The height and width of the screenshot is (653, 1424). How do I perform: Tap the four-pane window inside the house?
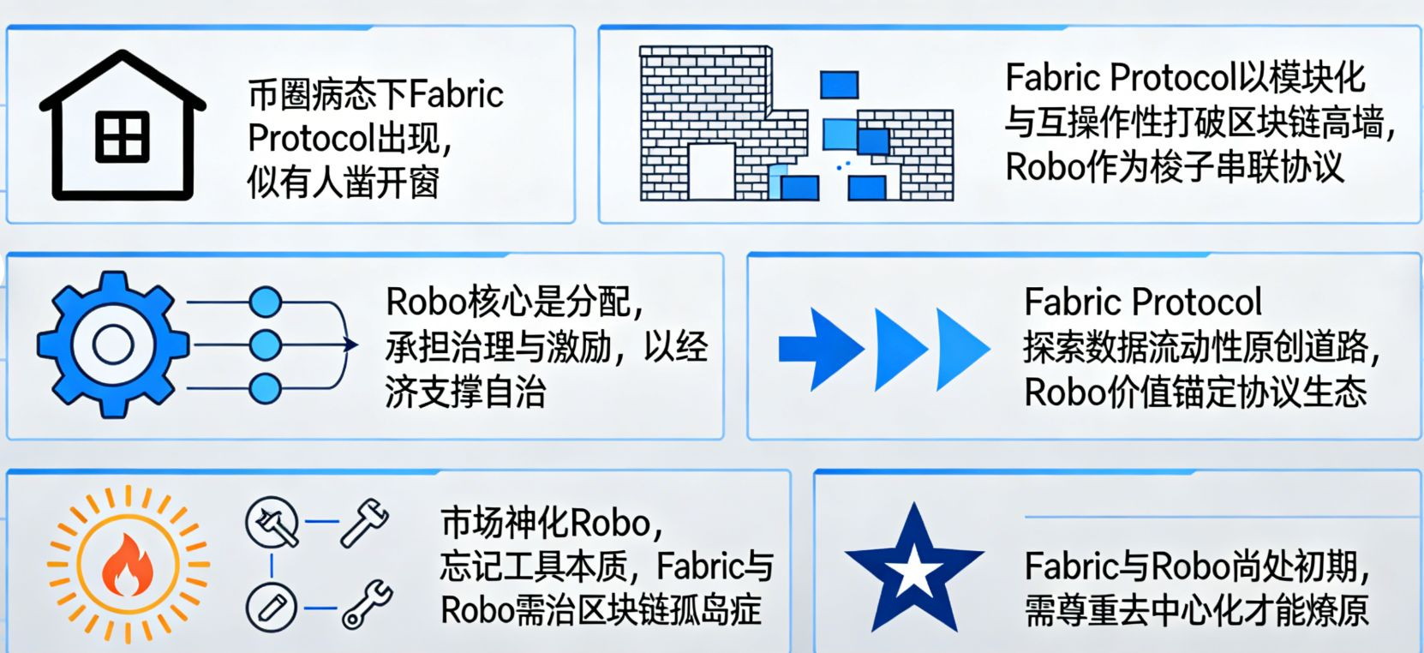tap(123, 137)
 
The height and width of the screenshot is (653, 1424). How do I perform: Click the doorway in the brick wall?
tap(710, 171)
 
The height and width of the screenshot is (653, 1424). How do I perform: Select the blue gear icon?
tap(112, 344)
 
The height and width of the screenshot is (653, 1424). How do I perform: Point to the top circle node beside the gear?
tap(265, 302)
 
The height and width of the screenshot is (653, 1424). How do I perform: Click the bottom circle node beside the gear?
tap(265, 388)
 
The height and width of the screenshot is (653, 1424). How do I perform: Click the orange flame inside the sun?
tap(128, 566)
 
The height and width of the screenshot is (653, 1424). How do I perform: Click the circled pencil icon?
tap(272, 607)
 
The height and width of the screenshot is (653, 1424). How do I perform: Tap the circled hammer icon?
tap(272, 522)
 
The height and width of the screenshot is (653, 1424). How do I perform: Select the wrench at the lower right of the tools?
tap(368, 604)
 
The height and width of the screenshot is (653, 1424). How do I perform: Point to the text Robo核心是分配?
tap(514, 302)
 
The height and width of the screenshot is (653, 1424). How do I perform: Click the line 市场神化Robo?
tap(552, 522)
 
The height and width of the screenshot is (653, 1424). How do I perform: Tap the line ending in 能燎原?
tap(1196, 611)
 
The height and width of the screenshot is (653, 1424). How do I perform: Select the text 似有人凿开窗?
tap(343, 182)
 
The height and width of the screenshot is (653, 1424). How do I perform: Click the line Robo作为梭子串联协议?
tap(1174, 166)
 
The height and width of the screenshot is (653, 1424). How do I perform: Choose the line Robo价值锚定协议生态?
tap(1194, 392)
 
